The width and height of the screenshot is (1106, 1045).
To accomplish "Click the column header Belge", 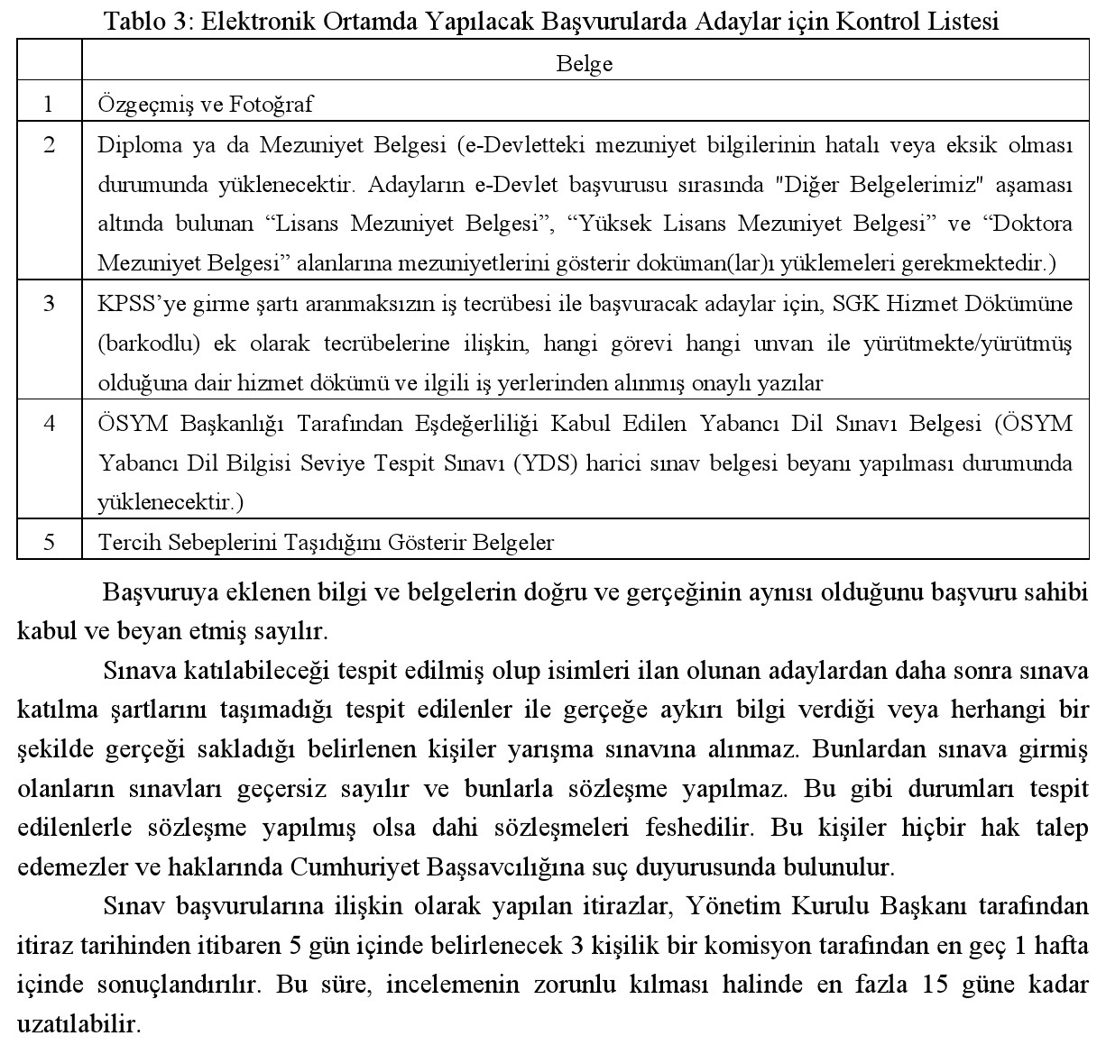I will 585,64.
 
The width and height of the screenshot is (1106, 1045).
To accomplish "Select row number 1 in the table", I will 49,105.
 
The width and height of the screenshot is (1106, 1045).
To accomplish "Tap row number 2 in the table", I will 49,145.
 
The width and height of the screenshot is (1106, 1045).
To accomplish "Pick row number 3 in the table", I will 49,304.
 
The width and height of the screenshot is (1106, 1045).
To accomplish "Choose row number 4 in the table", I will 49,423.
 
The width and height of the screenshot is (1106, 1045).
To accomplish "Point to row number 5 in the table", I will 49,542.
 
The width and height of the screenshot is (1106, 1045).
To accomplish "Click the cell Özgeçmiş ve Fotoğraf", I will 205,105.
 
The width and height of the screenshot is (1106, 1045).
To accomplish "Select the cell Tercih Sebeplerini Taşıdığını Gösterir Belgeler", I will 326,542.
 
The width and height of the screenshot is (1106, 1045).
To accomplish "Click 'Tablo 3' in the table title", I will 144,23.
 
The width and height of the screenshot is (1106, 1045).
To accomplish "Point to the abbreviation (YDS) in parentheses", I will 547,463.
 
